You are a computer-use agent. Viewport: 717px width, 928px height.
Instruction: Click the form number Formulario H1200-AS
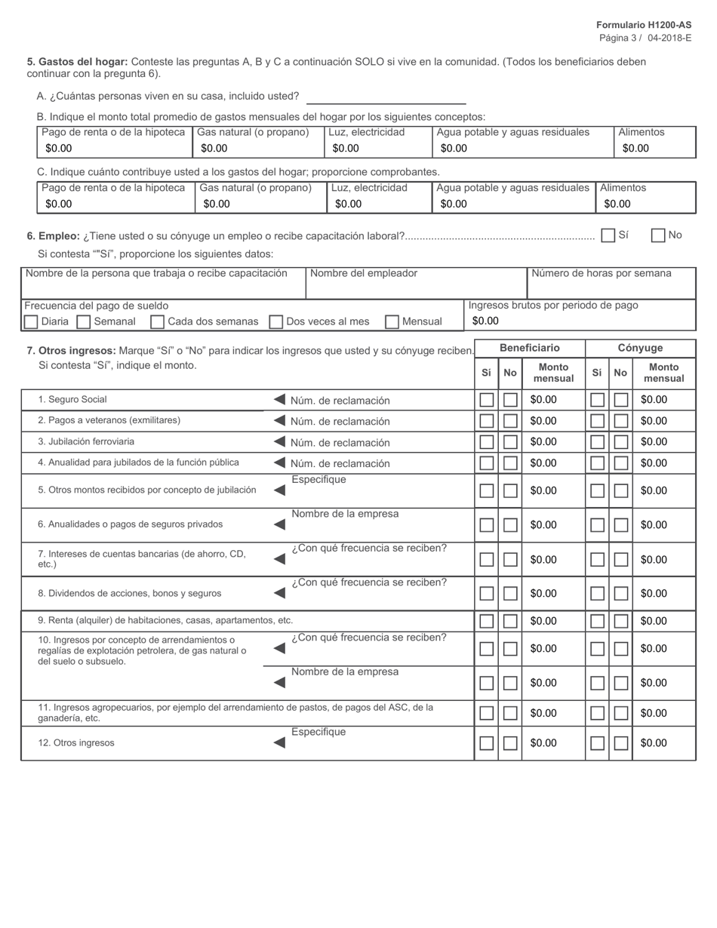pyautogui.click(x=643, y=25)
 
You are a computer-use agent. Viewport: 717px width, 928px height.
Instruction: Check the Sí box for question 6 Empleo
pyautogui.click(x=608, y=235)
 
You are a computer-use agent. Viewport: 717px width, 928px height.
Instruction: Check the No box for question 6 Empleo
pyautogui.click(x=658, y=235)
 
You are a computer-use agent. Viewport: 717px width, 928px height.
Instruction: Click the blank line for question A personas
pyautogui.click(x=386, y=97)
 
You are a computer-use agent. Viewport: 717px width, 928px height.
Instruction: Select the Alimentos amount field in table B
pyautogui.click(x=654, y=149)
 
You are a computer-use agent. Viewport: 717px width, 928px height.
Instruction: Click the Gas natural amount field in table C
pyautogui.click(x=260, y=204)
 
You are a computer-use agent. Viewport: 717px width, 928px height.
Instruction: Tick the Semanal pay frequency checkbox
pyautogui.click(x=84, y=322)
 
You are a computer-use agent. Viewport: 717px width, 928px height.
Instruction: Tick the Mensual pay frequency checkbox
pyautogui.click(x=392, y=322)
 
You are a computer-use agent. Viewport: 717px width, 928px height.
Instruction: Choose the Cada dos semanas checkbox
pyautogui.click(x=158, y=322)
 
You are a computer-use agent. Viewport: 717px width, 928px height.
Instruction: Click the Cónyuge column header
pyautogui.click(x=640, y=348)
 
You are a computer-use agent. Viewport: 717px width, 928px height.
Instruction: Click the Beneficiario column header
pyautogui.click(x=530, y=348)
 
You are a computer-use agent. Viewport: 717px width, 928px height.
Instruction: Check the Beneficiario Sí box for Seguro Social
pyautogui.click(x=487, y=400)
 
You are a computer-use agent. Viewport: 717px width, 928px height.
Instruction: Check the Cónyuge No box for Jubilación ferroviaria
pyautogui.click(x=621, y=442)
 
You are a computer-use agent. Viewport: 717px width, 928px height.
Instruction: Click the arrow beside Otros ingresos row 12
pyautogui.click(x=279, y=742)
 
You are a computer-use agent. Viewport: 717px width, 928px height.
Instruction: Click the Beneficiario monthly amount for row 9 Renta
pyautogui.click(x=552, y=621)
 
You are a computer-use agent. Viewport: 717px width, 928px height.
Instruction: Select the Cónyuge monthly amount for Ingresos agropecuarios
pyautogui.click(x=663, y=713)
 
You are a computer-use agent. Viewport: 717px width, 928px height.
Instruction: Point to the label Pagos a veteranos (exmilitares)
pyautogui.click(x=109, y=420)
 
